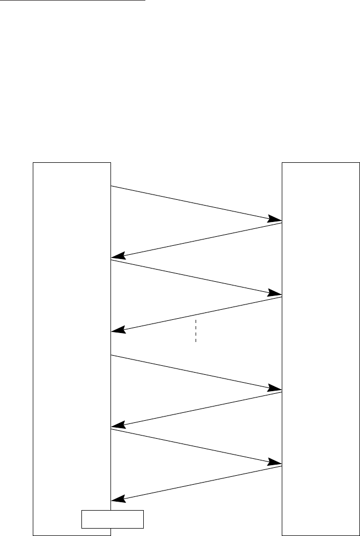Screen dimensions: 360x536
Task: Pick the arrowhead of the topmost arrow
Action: [x=275, y=218]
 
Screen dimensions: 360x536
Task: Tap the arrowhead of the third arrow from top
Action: [x=275, y=293]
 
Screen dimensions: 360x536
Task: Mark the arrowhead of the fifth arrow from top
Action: [x=275, y=389]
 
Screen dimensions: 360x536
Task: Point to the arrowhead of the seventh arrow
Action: [x=275, y=463]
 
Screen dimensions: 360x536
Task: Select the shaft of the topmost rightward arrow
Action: [x=196, y=204]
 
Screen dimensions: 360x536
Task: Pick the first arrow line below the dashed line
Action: [x=196, y=373]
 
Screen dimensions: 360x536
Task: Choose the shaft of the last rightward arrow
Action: [x=196, y=447]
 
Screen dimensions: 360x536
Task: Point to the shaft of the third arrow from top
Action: [x=196, y=278]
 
